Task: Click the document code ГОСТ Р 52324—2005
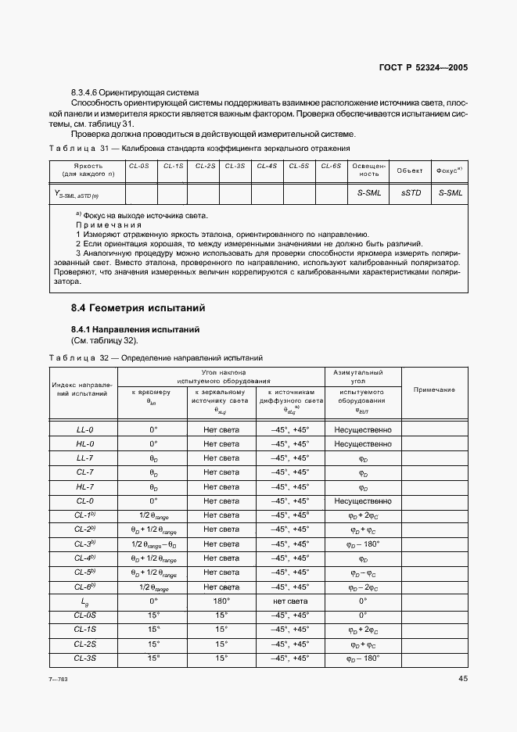[x=423, y=68]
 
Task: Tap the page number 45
[x=462, y=679]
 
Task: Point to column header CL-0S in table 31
[x=140, y=167]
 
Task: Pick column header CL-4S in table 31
[x=267, y=167]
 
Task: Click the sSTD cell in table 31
[x=411, y=192]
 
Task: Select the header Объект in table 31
[x=410, y=170]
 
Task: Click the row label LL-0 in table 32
[x=84, y=429]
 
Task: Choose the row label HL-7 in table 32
[x=84, y=486]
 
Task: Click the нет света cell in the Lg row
[x=289, y=601]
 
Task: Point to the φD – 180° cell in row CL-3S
[x=362, y=658]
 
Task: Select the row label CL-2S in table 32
[x=84, y=644]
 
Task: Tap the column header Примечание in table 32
[x=434, y=389]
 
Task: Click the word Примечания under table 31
[x=108, y=224]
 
